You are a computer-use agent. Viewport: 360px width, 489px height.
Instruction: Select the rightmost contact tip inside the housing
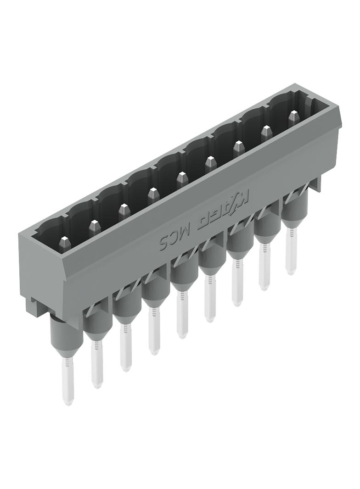pos(293,117)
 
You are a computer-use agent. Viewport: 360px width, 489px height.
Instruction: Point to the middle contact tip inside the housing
pos(182,179)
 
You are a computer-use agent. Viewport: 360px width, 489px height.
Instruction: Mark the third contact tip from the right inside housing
pos(238,148)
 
